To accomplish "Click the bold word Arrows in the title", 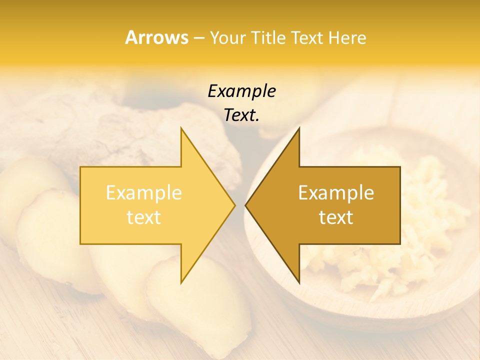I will coord(156,37).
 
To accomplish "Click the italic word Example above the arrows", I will coord(241,91).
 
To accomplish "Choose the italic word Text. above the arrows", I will coord(241,115).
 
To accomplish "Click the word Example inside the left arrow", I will coord(144,192).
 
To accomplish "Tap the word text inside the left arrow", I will coord(144,217).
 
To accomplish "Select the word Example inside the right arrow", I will coord(336,192).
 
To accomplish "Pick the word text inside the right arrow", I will coord(336,217).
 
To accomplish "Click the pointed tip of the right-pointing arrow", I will coord(234,205).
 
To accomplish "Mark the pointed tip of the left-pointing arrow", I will coord(246,205).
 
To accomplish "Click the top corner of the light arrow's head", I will coord(181,128).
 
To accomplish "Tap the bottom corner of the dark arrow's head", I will coord(299,282).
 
